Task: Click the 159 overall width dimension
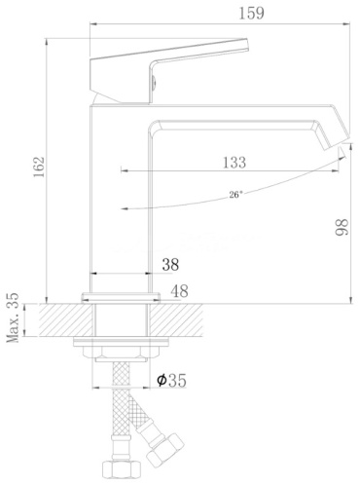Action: pos(251,13)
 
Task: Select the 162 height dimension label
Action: pos(39,167)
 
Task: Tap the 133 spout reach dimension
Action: pos(234,163)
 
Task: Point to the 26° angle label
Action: pos(235,195)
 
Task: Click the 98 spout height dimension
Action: pos(342,227)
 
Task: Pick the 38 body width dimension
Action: pos(170,265)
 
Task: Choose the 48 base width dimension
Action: pos(179,291)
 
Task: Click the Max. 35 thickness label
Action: pos(13,317)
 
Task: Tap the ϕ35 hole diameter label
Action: pos(171,380)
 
